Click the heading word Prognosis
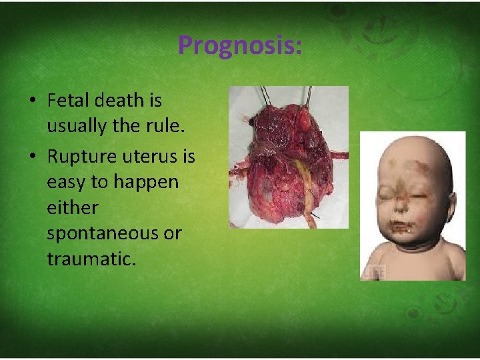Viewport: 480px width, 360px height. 239,45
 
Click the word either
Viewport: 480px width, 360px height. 72,207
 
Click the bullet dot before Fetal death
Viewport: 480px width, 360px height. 32,101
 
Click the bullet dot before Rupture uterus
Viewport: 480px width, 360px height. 32,157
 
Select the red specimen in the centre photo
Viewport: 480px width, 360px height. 280,160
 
